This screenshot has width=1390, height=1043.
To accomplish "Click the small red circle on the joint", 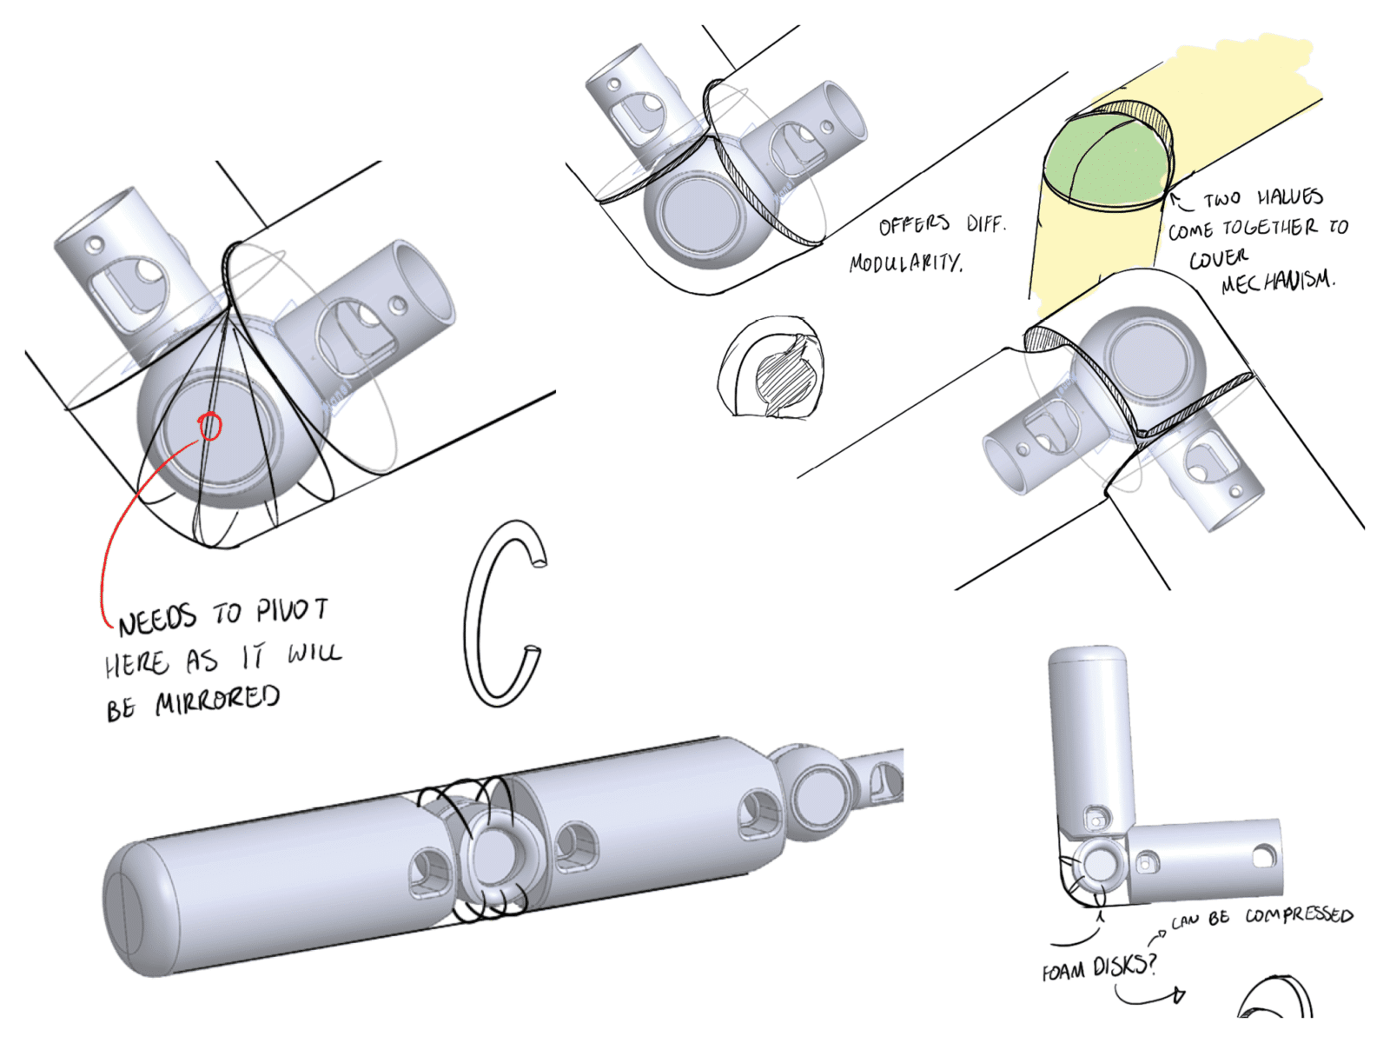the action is coord(210,426).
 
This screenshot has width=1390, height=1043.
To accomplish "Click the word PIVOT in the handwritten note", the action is coord(292,610).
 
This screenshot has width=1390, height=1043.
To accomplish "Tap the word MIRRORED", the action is coord(217,700).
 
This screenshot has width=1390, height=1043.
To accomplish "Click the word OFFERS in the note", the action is coord(914,224).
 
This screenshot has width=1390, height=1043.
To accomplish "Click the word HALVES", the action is coord(1290,197).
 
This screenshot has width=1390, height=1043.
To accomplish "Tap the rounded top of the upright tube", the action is coord(1088,659).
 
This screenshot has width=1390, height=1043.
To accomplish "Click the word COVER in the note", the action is coord(1218,258).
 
